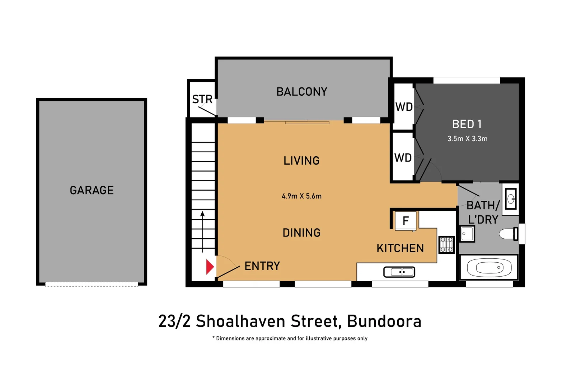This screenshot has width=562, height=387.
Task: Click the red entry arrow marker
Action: (210, 267)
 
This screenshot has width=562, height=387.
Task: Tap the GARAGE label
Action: (92, 190)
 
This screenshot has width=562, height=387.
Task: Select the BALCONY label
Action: (301, 92)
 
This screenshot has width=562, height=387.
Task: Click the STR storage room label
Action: (202, 99)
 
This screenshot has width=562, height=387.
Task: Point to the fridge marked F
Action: (406, 221)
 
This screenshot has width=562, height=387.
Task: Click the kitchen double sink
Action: (399, 272)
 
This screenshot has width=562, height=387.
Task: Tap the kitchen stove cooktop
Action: (446, 245)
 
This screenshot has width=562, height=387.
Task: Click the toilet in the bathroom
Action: (508, 234)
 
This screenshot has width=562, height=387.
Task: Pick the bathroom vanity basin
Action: (511, 199)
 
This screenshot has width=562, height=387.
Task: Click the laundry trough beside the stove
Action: (467, 234)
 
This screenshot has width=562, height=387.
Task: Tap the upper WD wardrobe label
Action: (404, 107)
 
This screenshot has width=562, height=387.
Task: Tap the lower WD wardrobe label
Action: (403, 158)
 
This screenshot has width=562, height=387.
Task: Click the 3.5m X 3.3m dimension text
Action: (467, 139)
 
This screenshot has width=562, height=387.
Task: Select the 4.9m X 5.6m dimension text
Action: (301, 196)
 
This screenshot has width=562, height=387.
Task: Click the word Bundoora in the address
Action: (384, 321)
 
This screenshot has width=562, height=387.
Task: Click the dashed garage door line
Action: (92, 284)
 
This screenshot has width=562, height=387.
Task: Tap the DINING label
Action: (301, 233)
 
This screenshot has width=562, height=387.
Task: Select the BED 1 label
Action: (467, 124)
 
